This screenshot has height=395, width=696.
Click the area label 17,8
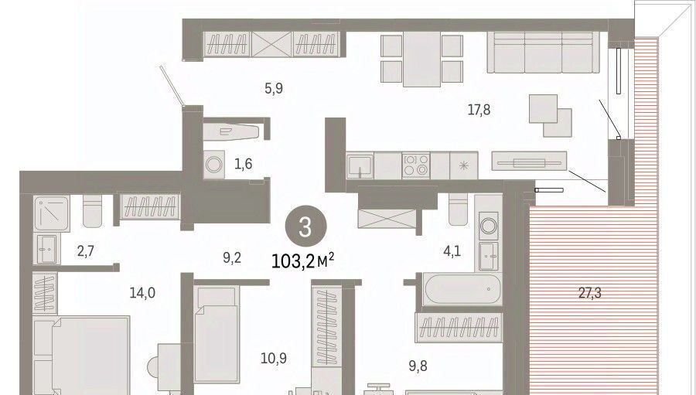[479, 109]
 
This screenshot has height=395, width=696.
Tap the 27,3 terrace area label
[590, 293]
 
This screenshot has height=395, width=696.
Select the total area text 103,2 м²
[302, 261]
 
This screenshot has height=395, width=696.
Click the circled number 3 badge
[305, 226]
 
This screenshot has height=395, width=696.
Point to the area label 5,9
[274, 89]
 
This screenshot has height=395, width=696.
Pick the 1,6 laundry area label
[244, 164]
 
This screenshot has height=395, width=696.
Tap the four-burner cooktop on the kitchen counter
[416, 165]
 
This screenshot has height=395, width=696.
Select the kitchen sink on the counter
[360, 166]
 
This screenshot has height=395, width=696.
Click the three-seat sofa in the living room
[544, 52]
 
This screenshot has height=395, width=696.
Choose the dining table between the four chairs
[421, 59]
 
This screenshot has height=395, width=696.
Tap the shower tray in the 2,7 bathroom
[52, 213]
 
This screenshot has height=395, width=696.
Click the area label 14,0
[142, 293]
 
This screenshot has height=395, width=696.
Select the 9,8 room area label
[418, 366]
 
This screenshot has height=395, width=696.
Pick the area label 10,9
[274, 358]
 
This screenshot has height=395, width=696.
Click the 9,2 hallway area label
[232, 257]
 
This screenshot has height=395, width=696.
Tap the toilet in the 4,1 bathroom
[458, 209]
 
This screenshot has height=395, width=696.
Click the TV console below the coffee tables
[529, 161]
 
